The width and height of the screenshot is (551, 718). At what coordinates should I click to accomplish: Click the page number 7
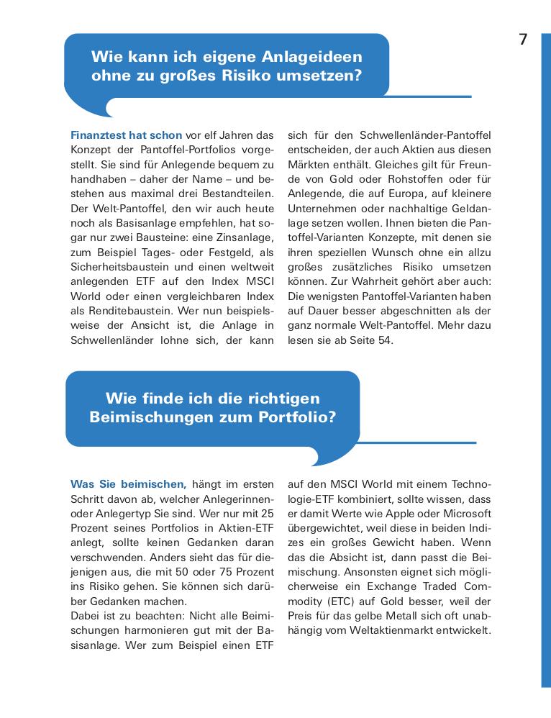(x=523, y=40)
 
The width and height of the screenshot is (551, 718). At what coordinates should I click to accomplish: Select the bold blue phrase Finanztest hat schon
(x=126, y=135)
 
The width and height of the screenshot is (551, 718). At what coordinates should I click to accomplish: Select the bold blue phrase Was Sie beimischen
(x=129, y=484)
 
